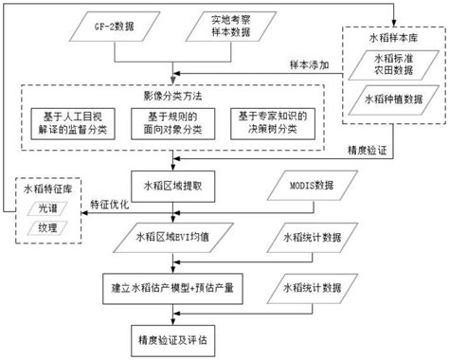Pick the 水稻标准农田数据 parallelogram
coord(392,66)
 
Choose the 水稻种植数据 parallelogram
coord(393,100)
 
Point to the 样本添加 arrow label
coord(312,64)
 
